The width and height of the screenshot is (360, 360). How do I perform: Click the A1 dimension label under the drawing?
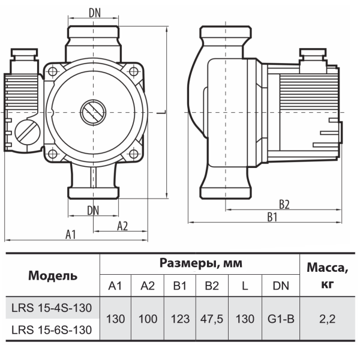(x=70, y=235)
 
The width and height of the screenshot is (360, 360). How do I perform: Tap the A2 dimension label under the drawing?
(x=122, y=226)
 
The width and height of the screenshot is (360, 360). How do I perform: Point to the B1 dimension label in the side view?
(x=272, y=217)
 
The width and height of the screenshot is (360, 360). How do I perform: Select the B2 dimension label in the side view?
(x=284, y=205)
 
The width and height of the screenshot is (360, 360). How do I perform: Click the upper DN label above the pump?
(x=95, y=13)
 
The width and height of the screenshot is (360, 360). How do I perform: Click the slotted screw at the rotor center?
(x=93, y=113)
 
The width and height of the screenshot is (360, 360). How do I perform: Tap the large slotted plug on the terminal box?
(x=28, y=132)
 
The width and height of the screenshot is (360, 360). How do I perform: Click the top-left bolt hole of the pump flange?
(x=53, y=71)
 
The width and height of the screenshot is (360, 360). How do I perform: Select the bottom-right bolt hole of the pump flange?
(x=134, y=154)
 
